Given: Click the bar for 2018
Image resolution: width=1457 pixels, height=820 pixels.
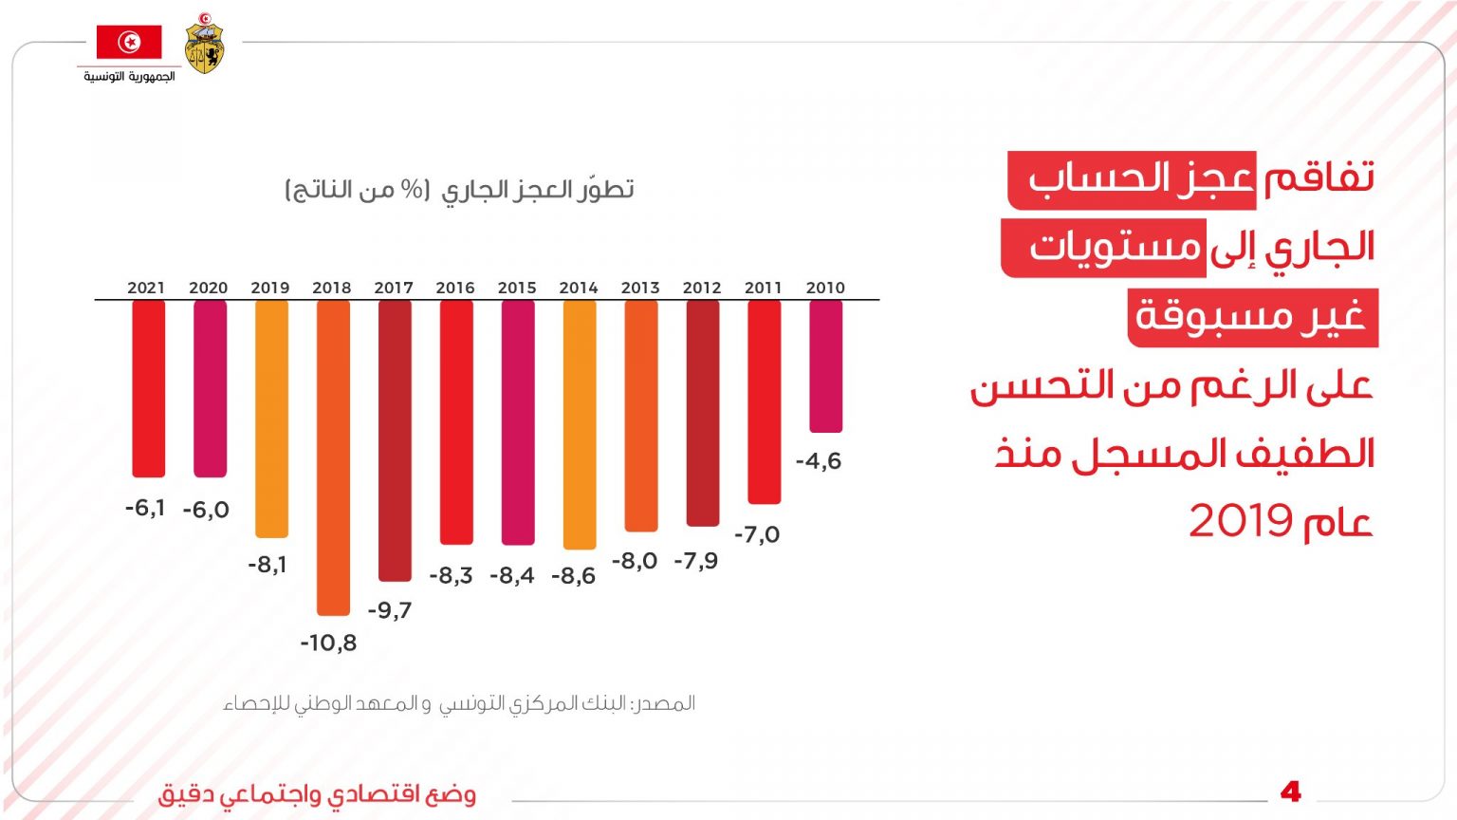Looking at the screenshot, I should pos(333,457).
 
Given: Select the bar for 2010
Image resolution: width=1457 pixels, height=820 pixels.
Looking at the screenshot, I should pos(825,366).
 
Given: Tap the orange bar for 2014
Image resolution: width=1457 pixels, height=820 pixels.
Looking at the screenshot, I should pos(579,424).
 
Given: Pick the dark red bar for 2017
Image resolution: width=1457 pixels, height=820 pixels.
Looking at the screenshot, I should pos(395,440).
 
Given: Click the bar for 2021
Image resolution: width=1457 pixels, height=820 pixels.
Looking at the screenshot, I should pos(148,388).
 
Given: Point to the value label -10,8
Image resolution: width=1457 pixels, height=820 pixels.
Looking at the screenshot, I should pos(328,643).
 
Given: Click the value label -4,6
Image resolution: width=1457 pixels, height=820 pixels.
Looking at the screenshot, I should pos(818,461).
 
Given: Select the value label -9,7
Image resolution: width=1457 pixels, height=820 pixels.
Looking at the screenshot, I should pos(390,610).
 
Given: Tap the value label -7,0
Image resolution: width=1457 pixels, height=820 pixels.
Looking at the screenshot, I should pos(757,535).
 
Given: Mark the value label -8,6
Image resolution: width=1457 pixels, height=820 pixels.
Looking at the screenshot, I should pos(573,576).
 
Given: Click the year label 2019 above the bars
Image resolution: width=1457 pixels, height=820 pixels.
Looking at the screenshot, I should pos(270,288).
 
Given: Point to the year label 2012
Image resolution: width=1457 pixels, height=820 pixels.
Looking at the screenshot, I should pos(702,288).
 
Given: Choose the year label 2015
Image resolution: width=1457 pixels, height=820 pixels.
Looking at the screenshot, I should pos(517,288).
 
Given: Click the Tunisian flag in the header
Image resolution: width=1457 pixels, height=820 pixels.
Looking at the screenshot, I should pos(129,43).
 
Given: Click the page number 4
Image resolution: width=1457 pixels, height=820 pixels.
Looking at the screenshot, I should pos(1290,792).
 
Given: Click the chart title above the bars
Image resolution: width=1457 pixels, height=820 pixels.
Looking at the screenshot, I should pos(460,190).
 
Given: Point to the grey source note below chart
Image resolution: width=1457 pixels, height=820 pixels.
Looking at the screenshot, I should pos(459,704).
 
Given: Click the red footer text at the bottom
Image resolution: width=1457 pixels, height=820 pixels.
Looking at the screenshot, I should pos(317,794).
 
